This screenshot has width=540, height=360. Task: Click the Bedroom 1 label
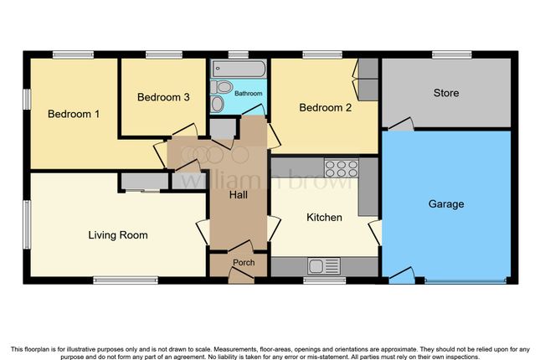[74, 114]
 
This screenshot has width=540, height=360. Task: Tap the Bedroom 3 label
[163, 97]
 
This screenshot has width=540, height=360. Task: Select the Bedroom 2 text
[325, 107]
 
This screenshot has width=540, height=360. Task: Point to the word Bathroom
[249, 94]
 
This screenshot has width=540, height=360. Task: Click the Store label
[446, 93]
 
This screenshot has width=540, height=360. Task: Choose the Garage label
[446, 204]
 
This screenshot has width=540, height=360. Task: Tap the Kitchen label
[324, 218]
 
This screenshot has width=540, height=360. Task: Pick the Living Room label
[118, 235]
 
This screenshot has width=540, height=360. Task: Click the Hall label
[239, 195]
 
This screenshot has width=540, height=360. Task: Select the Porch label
[244, 263]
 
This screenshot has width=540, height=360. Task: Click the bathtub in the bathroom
[239, 69]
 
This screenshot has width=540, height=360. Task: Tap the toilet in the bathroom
[221, 87]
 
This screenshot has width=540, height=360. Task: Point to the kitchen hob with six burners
[342, 168]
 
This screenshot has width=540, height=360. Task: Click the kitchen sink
[324, 266]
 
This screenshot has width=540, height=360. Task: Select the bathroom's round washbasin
[218, 104]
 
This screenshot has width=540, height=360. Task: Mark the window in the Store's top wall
[452, 54]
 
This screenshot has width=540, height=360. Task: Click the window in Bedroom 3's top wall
[164, 54]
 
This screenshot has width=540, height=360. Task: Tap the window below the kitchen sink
[324, 280]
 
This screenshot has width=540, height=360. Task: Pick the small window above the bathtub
[239, 54]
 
